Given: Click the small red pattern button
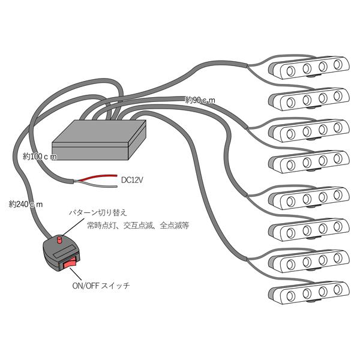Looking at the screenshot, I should tap(59, 240).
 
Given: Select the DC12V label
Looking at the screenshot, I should tap(134, 179).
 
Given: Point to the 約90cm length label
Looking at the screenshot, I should tap(200, 99).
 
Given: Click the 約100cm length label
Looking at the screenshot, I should tap(40, 157).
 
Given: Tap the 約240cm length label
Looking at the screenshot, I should tap(26, 203).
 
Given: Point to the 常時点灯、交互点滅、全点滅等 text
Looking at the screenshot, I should tap(137, 226).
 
